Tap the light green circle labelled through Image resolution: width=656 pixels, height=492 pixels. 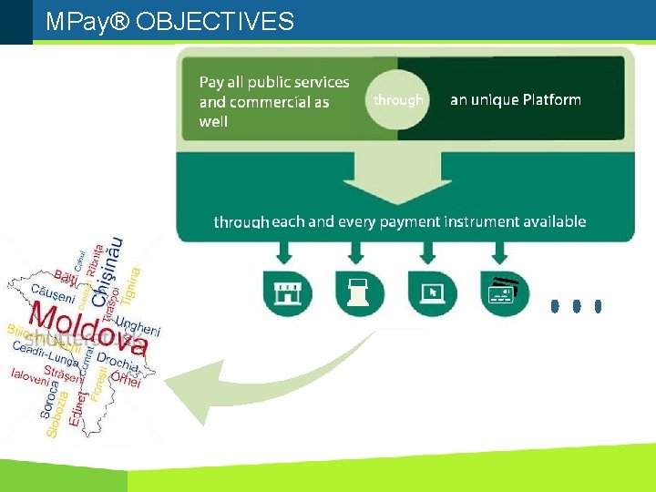coord(398,100)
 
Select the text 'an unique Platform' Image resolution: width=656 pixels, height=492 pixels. coord(515,100)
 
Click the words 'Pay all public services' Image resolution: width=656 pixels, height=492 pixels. coord(274,83)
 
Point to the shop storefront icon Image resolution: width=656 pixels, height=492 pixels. coord(287,293)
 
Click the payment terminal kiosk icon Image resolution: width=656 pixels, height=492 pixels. coord(360,293)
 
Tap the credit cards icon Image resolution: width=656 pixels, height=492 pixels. coord(505,293)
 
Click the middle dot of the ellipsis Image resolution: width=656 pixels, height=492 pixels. coord(576,306)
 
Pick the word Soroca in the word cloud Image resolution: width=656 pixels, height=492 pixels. coord(51,399)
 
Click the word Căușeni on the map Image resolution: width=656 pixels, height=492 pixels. coord(53,293)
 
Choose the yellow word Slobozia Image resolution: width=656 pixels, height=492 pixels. coord(56,415)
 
